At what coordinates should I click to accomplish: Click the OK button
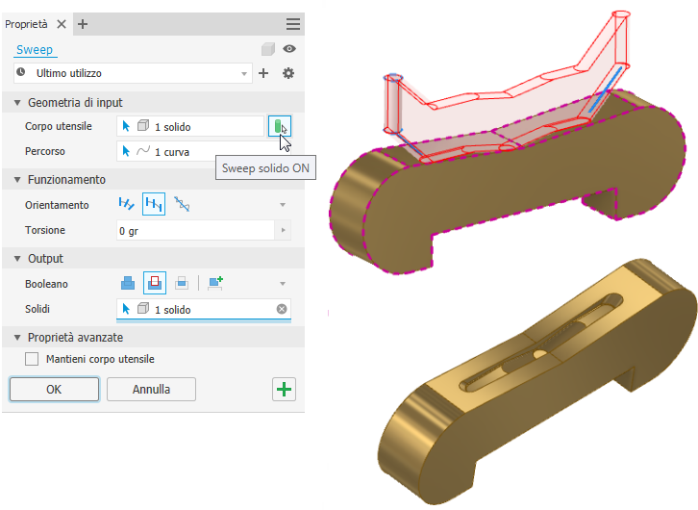tap(54, 390)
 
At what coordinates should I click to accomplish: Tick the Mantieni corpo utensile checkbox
tap(32, 359)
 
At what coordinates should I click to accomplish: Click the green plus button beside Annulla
tap(284, 390)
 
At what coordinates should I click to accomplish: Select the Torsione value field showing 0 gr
tap(196, 231)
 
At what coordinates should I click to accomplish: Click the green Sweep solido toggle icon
tap(280, 126)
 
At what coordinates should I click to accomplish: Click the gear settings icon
tap(288, 73)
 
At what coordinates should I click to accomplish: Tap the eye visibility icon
tap(289, 48)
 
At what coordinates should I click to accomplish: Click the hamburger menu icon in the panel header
tap(293, 24)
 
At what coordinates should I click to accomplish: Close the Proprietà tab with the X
tap(62, 24)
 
